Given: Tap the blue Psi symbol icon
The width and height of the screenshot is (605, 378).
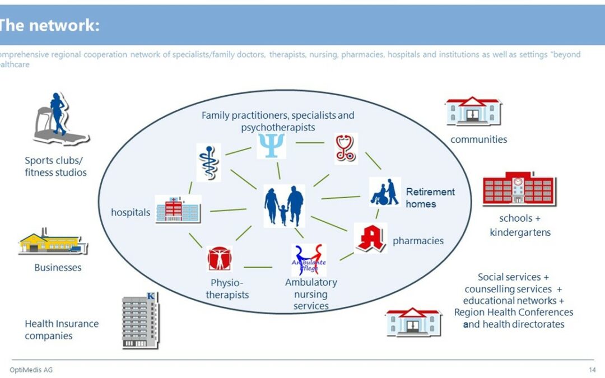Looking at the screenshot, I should [x=271, y=145].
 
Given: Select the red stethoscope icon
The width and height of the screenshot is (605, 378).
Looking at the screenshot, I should [x=345, y=148].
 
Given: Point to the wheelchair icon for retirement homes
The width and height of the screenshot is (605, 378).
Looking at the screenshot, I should [x=385, y=193].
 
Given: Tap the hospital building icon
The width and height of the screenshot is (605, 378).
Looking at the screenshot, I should [x=178, y=210].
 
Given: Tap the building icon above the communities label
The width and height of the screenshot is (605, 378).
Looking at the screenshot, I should [x=473, y=111].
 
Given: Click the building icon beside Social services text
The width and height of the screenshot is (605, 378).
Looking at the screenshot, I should [x=413, y=322].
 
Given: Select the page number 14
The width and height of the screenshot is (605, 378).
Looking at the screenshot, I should [x=592, y=370].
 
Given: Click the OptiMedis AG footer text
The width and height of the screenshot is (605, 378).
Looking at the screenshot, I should [x=31, y=370].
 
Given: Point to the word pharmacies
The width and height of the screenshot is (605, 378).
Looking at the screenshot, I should [x=418, y=241].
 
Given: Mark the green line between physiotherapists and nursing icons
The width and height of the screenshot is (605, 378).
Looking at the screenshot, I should [x=258, y=267].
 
